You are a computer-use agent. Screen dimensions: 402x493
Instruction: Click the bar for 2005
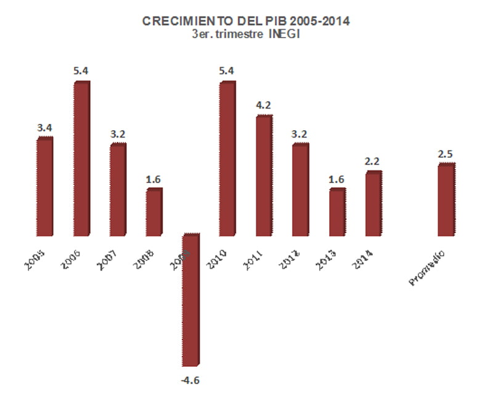coord(45,186)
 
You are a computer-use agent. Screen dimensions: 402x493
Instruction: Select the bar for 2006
coord(81,158)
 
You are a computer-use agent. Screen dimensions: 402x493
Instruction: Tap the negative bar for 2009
coord(191,300)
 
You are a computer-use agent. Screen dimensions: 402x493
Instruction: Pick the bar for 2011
coord(264,175)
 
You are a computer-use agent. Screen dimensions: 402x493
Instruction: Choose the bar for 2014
coord(373,203)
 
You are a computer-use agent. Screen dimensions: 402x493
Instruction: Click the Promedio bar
coord(446,200)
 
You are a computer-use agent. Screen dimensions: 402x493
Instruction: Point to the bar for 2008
coord(154,212)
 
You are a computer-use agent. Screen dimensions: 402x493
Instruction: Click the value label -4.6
coord(190,380)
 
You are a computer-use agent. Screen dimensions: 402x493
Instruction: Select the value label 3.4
coord(44,128)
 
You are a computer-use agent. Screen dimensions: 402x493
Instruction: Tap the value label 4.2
coord(263,105)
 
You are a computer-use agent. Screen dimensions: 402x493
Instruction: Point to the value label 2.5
coord(446,154)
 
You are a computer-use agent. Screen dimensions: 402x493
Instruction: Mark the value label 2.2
coord(373,161)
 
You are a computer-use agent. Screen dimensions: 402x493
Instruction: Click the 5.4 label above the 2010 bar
coord(227,71)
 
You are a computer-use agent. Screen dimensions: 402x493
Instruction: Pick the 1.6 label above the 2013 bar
coord(336,179)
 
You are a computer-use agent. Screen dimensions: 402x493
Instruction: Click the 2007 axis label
coord(108,258)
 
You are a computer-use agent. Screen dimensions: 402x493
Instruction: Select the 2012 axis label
coord(290,258)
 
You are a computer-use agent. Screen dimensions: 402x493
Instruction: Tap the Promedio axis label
coord(426,267)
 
